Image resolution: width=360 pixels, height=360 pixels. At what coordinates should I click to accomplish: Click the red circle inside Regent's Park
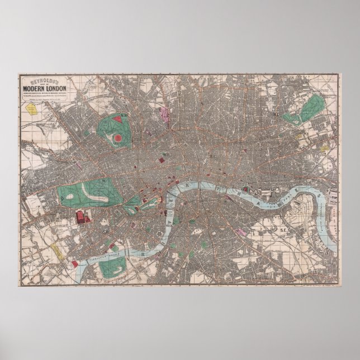click(x=119, y=138)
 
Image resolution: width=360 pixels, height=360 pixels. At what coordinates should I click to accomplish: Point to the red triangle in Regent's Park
click(x=118, y=119)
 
